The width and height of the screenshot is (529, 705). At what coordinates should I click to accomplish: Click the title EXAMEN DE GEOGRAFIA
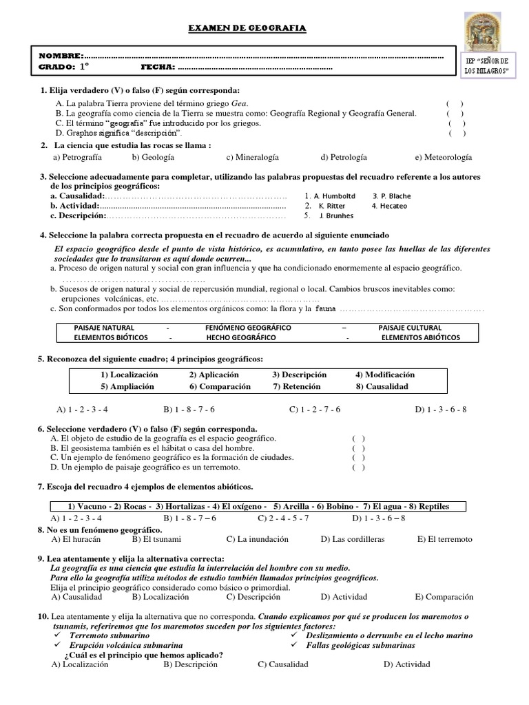tap(247, 28)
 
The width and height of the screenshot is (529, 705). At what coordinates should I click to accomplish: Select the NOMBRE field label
tap(61, 55)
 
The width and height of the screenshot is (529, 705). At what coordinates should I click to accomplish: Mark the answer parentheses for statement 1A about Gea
tap(455, 103)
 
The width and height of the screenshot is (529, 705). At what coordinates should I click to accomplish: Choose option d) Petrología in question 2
tap(344, 157)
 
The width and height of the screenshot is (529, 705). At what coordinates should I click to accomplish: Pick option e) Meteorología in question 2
tap(443, 157)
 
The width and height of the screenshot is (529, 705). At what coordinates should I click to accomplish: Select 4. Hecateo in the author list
tap(389, 206)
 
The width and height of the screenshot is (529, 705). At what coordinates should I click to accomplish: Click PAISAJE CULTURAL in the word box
tap(410, 328)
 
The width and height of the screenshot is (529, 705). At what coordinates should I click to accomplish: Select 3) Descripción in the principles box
tap(299, 375)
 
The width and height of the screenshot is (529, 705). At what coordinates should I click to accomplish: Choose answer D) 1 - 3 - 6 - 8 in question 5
tap(441, 409)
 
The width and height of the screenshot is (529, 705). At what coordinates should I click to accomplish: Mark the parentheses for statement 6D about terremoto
tap(358, 467)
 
